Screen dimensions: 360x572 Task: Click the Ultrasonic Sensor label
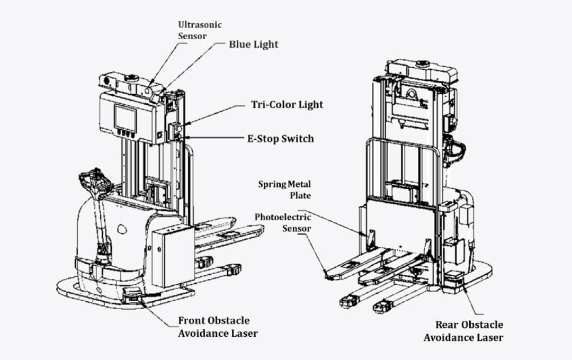200,30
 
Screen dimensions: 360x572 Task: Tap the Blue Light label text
253,44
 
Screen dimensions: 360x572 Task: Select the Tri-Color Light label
287,104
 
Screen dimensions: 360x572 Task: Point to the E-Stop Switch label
280,139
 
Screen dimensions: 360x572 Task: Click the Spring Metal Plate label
284,190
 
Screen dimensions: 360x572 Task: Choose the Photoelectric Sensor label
283,222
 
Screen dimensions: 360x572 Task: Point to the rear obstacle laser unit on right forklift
454,278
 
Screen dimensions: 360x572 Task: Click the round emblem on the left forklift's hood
122,229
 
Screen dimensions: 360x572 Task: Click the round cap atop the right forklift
423,64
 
